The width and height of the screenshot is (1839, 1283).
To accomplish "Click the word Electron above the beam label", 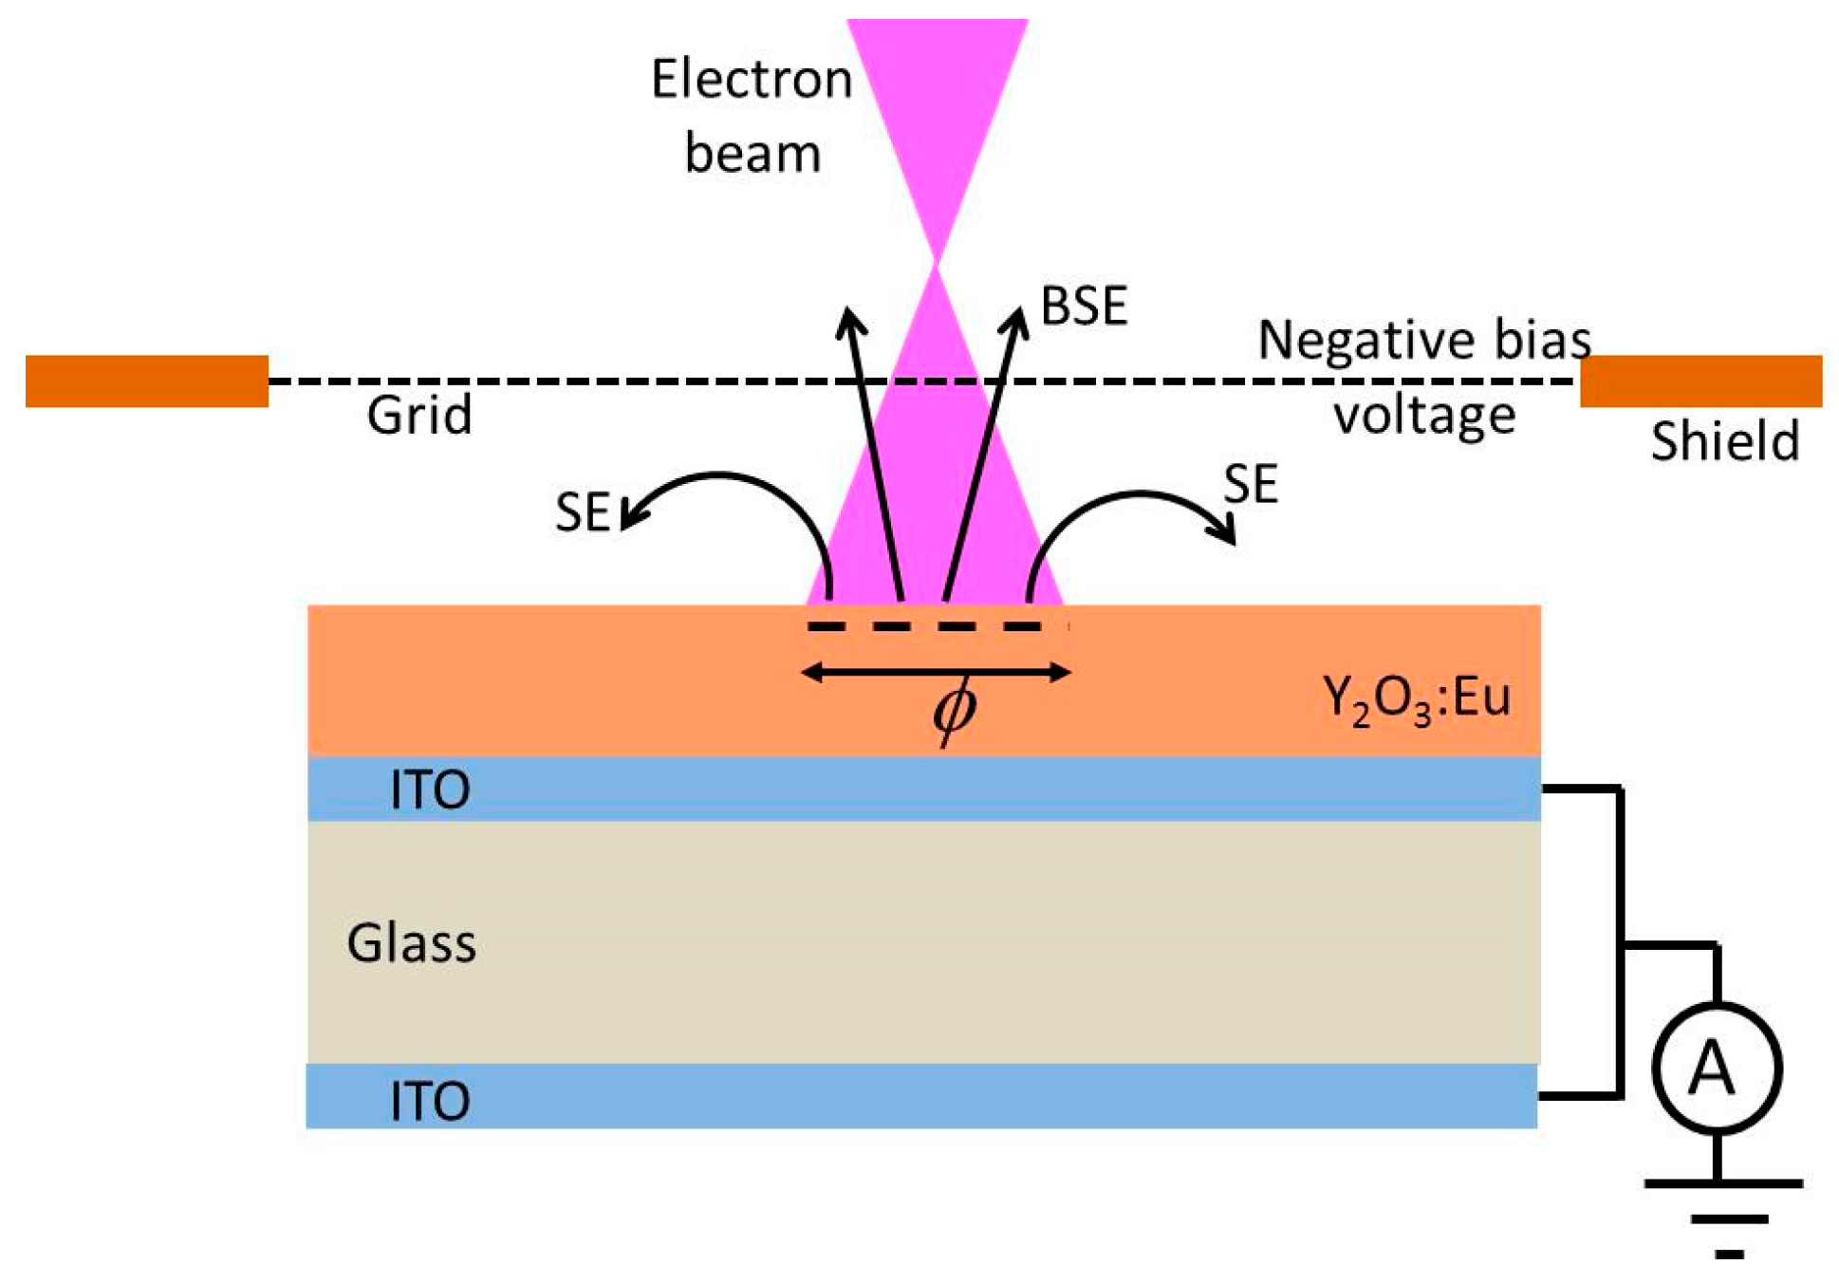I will (x=751, y=79).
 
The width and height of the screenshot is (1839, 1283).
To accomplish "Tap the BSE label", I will (x=1083, y=307).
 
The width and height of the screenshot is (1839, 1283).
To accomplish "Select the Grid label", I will (x=419, y=416).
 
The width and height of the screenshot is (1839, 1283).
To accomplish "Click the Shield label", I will (x=1724, y=441).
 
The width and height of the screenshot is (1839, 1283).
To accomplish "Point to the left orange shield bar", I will (x=147, y=381).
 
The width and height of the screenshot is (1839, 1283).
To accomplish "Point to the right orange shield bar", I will (x=1700, y=381).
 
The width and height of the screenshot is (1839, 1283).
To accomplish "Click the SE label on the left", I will (x=582, y=512).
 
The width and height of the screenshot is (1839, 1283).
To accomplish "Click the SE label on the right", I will (x=1250, y=485).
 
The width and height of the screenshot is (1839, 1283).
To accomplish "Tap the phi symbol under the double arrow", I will (x=954, y=710).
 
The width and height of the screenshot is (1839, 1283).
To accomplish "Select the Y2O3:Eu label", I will (x=1416, y=700).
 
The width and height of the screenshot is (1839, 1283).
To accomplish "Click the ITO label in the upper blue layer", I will (x=430, y=790).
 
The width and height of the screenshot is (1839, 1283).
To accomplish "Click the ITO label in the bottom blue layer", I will (x=430, y=1101).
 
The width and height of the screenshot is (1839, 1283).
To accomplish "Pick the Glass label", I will (x=411, y=943).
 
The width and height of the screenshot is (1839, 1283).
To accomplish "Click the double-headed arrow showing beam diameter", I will (x=936, y=673).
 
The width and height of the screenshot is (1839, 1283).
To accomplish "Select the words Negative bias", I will (x=1423, y=340).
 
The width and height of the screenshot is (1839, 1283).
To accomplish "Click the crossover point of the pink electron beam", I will (x=937, y=262).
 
